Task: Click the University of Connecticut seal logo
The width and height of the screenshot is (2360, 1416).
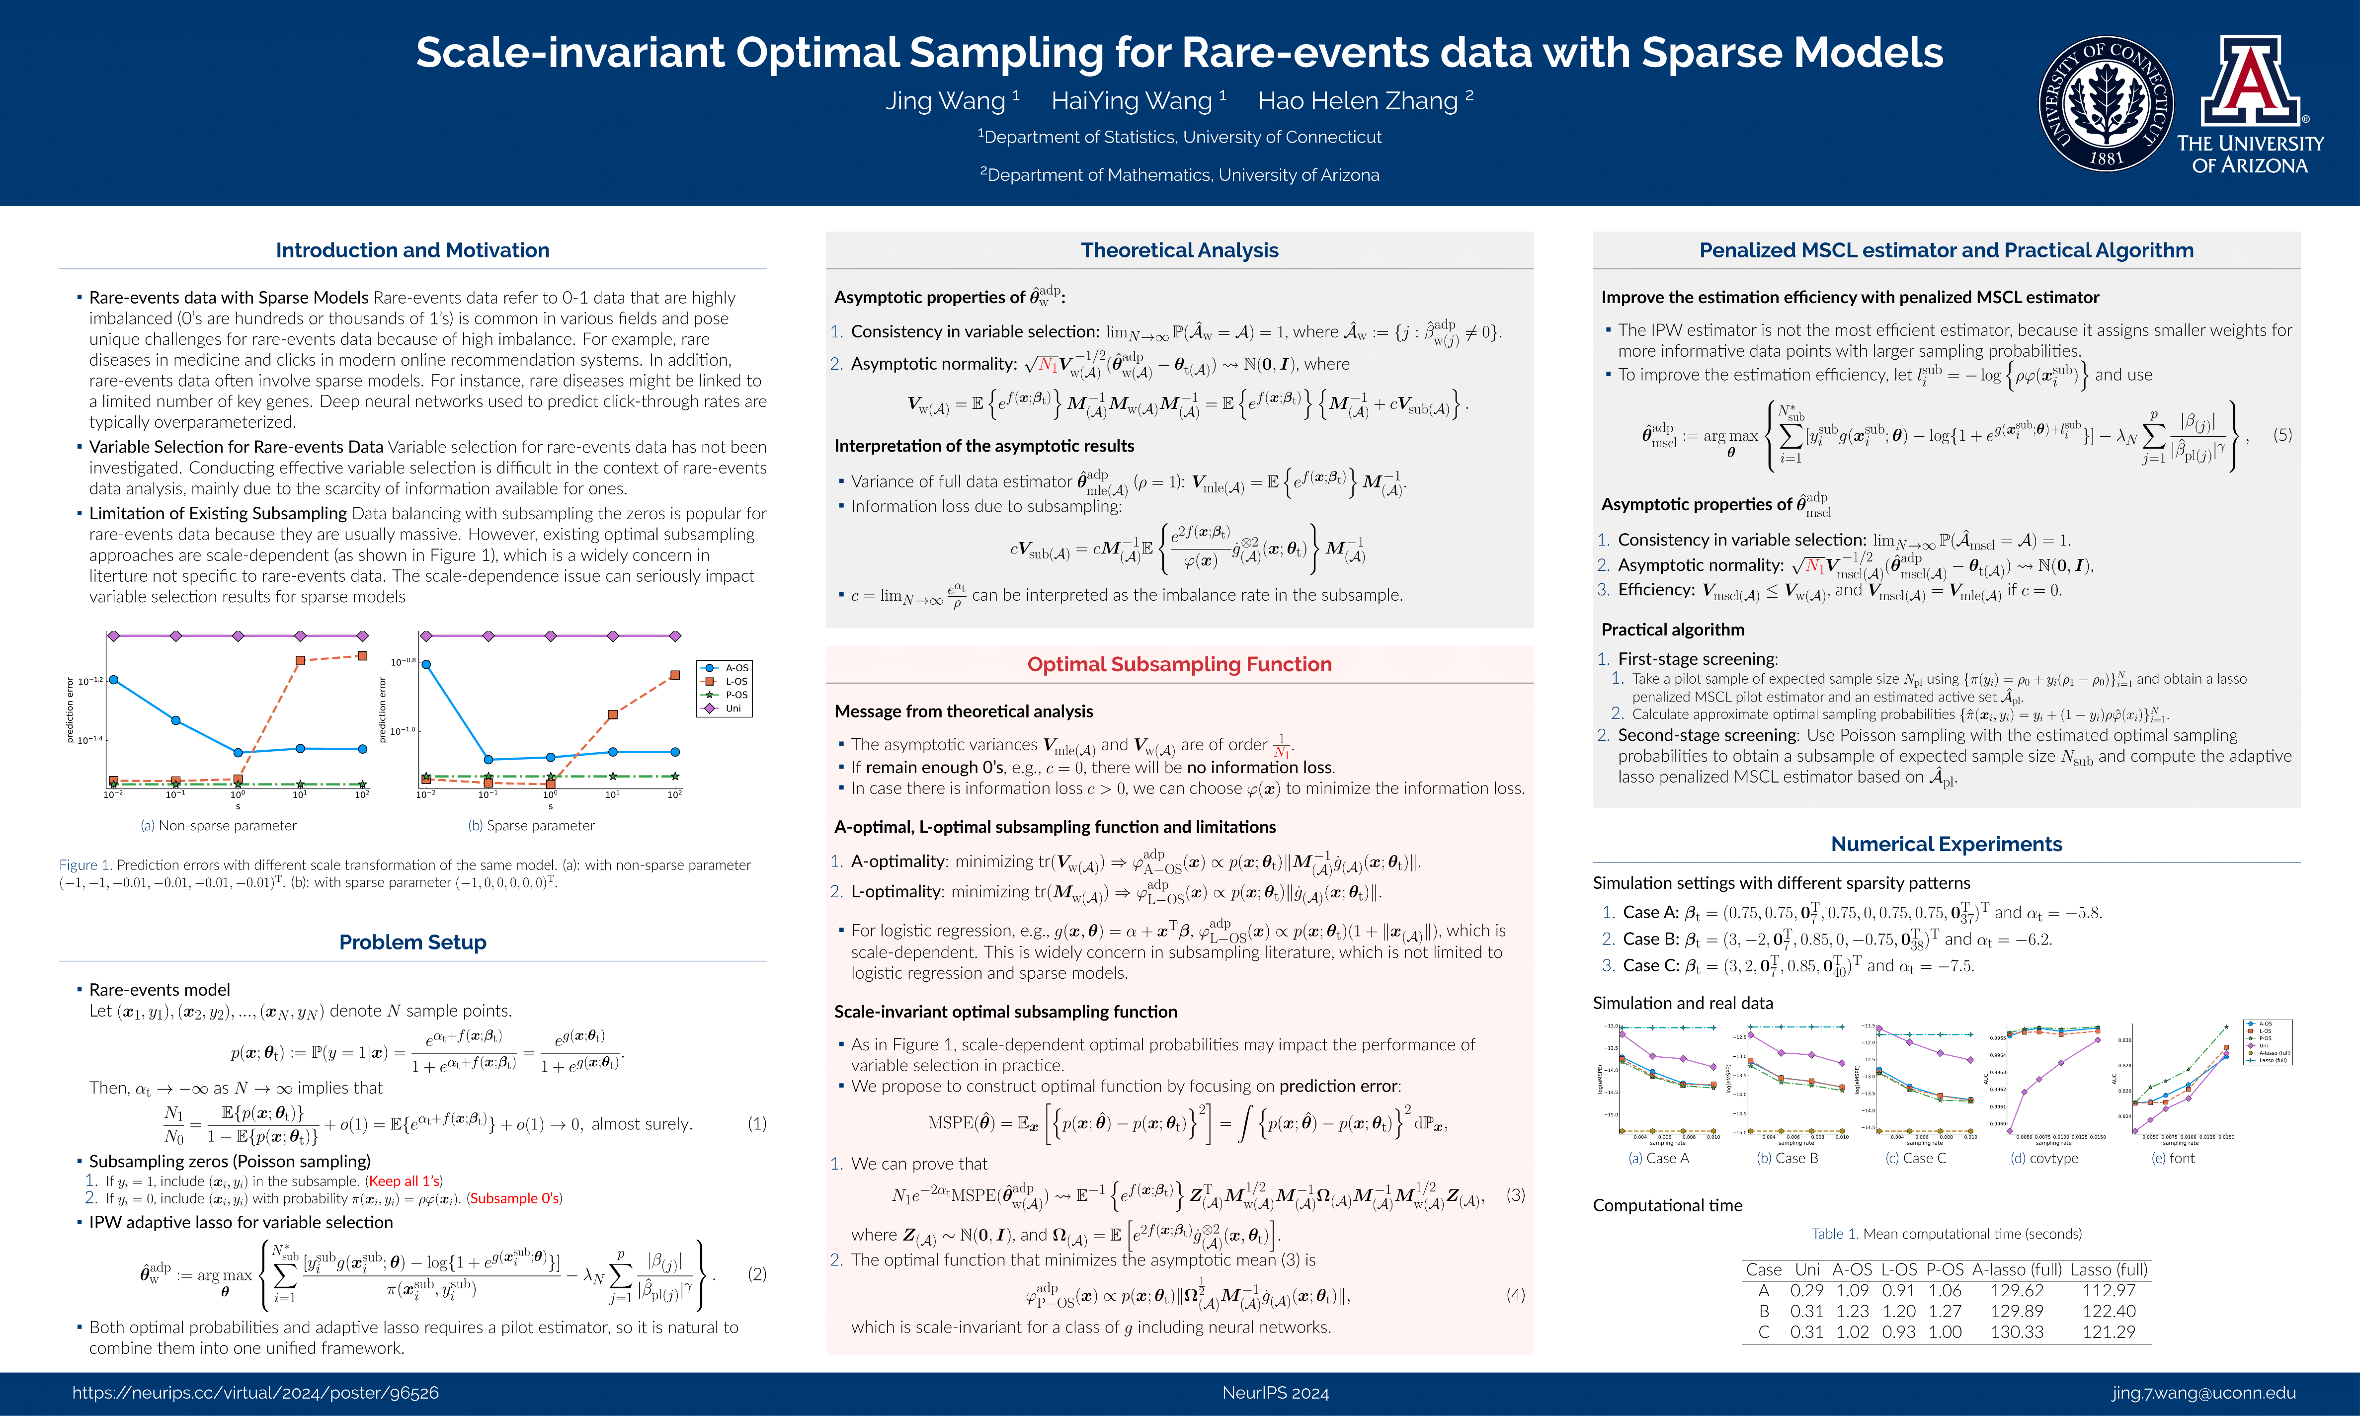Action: click(x=2106, y=104)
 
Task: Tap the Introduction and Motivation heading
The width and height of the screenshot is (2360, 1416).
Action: click(x=412, y=250)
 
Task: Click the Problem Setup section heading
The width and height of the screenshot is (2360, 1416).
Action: click(x=412, y=942)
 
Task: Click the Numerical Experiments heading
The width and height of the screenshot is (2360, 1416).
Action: click(x=1946, y=844)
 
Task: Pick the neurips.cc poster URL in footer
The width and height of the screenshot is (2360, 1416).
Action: click(x=256, y=1393)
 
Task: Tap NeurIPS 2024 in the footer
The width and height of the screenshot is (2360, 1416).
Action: click(x=1275, y=1393)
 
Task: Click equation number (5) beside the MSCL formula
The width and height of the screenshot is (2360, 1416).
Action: click(x=2282, y=435)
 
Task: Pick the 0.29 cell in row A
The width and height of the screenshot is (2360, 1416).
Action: click(x=1806, y=1290)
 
